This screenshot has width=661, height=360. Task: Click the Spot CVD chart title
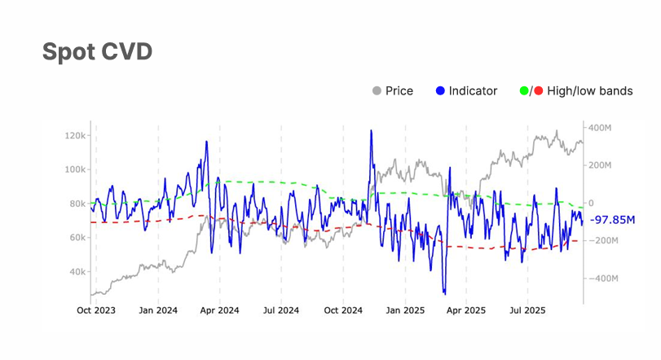97,52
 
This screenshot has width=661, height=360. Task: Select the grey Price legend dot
377,91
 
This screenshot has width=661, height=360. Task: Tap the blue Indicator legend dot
440,91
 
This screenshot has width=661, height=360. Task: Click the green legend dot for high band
524,91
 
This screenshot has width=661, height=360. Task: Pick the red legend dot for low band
539,91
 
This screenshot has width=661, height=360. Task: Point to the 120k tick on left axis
77,135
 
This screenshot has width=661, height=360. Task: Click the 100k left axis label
77,169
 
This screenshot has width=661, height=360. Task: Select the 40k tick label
78,272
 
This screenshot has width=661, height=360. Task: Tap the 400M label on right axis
601,128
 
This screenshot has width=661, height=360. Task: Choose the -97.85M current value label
612,221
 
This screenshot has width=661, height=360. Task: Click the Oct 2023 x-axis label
95,310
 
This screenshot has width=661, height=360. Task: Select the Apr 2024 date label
219,310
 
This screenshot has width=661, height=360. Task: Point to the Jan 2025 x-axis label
405,310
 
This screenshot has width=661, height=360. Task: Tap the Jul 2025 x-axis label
527,310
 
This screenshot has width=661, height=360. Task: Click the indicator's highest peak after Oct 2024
371,130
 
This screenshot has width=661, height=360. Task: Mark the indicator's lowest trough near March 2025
445,293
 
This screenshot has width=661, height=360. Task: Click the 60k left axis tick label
78,238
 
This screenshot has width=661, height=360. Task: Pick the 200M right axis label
601,165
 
